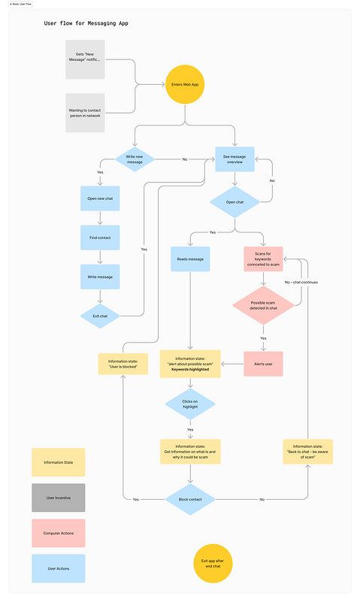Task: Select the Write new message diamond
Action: [x=135, y=159]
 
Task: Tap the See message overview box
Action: [x=235, y=159]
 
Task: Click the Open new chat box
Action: [x=100, y=198]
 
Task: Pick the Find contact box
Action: [x=100, y=237]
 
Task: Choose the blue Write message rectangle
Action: [x=100, y=277]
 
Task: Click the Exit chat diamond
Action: [x=100, y=316]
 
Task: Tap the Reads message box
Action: [x=189, y=259]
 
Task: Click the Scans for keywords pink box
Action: [x=262, y=259]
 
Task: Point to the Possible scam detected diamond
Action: [x=262, y=307]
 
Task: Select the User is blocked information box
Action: [x=123, y=365]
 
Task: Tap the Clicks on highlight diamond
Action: [x=189, y=404]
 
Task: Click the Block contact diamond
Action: [x=189, y=500]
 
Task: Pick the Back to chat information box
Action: [x=307, y=452]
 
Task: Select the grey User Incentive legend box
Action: [x=59, y=498]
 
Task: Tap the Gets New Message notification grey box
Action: [x=85, y=59]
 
